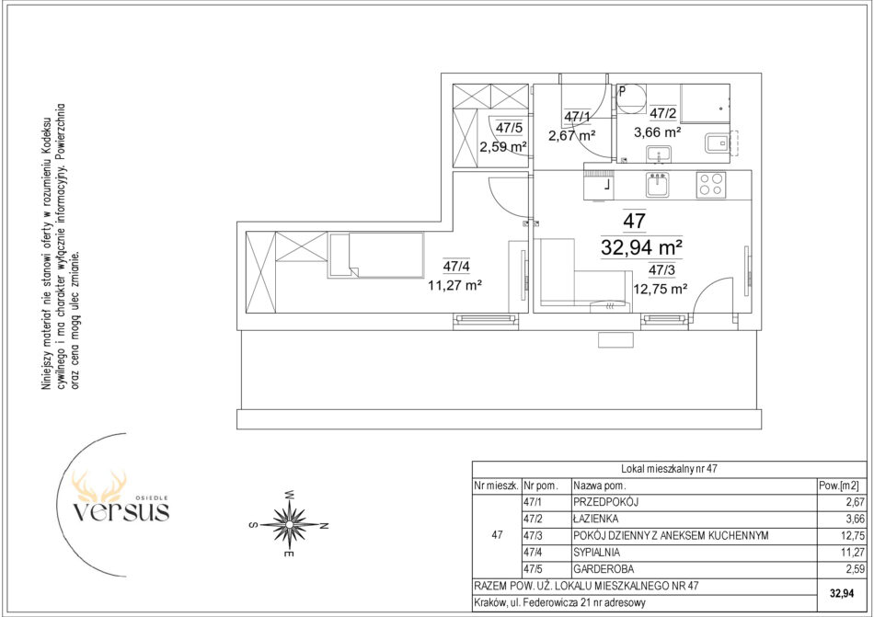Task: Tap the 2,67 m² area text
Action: tap(571, 134)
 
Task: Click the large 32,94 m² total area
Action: tap(642, 246)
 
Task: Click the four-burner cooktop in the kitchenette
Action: tap(711, 185)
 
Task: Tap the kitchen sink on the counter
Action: tap(659, 184)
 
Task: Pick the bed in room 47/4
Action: tap(376, 255)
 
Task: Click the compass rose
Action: tap(290, 524)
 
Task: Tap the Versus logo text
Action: tap(121, 511)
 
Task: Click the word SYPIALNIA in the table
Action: tap(596, 553)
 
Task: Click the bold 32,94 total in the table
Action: tap(842, 594)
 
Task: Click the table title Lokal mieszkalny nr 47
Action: tap(668, 469)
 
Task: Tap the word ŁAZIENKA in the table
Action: tap(595, 519)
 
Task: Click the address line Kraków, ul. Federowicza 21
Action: tap(560, 602)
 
